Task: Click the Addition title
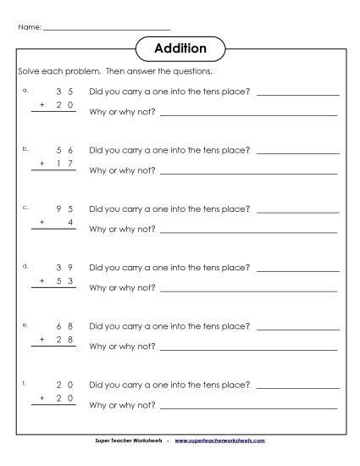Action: [x=180, y=48]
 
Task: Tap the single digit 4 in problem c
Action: [x=70, y=222]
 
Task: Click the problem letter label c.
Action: [x=25, y=206]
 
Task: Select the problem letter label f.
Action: [x=25, y=382]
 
